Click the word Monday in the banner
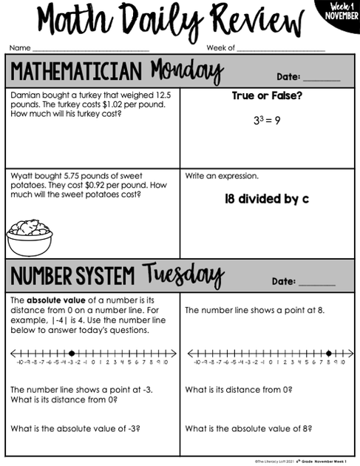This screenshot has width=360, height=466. [186, 72]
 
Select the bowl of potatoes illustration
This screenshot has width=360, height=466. [30, 236]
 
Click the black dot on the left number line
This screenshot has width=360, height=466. [71, 354]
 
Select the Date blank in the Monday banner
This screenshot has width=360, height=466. [322, 77]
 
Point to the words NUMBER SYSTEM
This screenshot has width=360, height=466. [72, 277]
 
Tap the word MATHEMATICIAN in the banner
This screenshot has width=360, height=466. [75, 72]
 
